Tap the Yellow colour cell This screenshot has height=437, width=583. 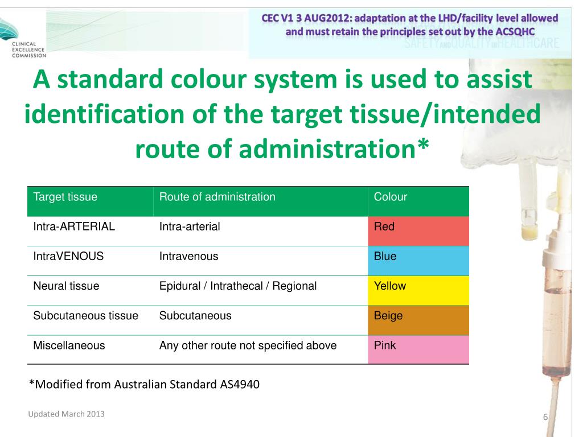click(418, 290)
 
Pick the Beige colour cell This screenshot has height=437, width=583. click(418, 320)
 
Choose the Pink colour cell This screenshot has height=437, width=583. click(418, 349)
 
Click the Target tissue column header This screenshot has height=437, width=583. click(65, 197)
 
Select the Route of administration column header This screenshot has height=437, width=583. click(217, 197)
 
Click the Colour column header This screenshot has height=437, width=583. click(391, 197)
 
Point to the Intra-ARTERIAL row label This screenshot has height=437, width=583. click(75, 226)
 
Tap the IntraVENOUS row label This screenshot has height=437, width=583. click(69, 256)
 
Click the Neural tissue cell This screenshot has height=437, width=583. click(66, 286)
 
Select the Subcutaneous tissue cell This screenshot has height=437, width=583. click(86, 316)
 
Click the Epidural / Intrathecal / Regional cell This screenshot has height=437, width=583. click(237, 286)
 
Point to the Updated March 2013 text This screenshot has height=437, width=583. click(66, 414)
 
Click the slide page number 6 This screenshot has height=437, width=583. click(545, 418)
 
